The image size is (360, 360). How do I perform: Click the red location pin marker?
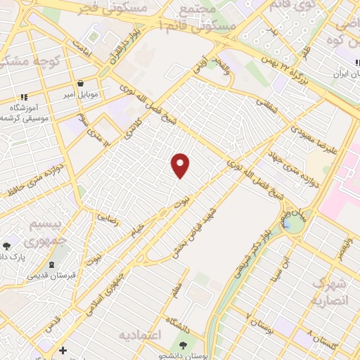tap(181, 165)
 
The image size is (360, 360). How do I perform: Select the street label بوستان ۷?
tap(257, 323)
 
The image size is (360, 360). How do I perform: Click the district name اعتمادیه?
tap(141, 333)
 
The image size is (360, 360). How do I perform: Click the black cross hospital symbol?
tap(63, 349)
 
